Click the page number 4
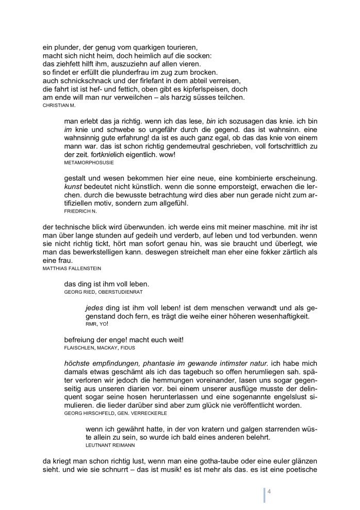pos(269,491)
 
